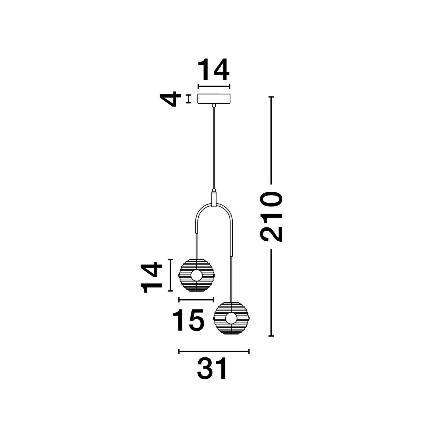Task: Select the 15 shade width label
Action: click(188, 320)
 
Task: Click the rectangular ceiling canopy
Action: click(214, 99)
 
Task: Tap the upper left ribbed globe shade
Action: click(196, 275)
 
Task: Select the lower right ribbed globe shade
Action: click(231, 318)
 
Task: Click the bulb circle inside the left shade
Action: click(196, 275)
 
